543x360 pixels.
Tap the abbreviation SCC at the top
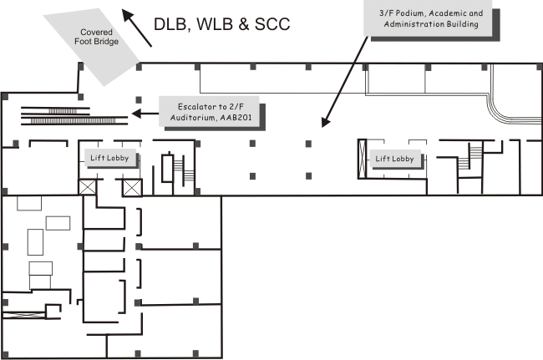(x=269, y=24)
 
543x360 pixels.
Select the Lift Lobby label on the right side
(x=395, y=158)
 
